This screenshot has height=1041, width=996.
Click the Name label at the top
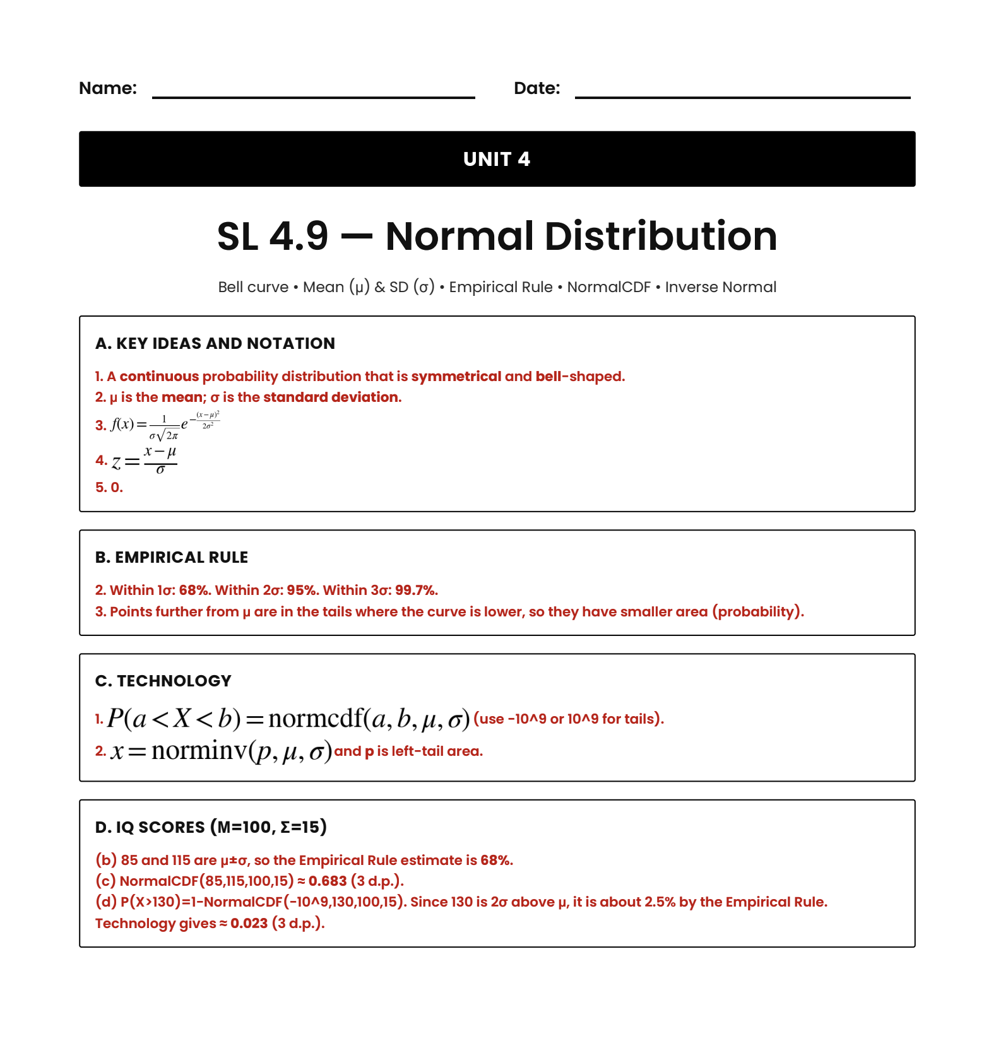(108, 88)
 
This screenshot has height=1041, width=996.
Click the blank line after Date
(742, 96)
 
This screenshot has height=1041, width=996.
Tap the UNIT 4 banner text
(497, 159)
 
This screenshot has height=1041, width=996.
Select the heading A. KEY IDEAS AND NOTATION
(215, 344)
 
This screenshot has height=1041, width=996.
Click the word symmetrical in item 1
(456, 377)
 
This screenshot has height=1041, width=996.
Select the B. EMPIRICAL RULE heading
(172, 558)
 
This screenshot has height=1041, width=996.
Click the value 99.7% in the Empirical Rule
(415, 591)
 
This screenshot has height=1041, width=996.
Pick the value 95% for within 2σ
(301, 591)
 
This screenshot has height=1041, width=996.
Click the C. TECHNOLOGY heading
(163, 681)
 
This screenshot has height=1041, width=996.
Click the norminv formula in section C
(221, 751)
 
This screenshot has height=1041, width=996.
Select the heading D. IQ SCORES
(211, 827)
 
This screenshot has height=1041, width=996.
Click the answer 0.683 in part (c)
(328, 881)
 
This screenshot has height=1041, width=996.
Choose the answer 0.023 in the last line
(249, 924)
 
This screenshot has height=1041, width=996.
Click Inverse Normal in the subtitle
(720, 288)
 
